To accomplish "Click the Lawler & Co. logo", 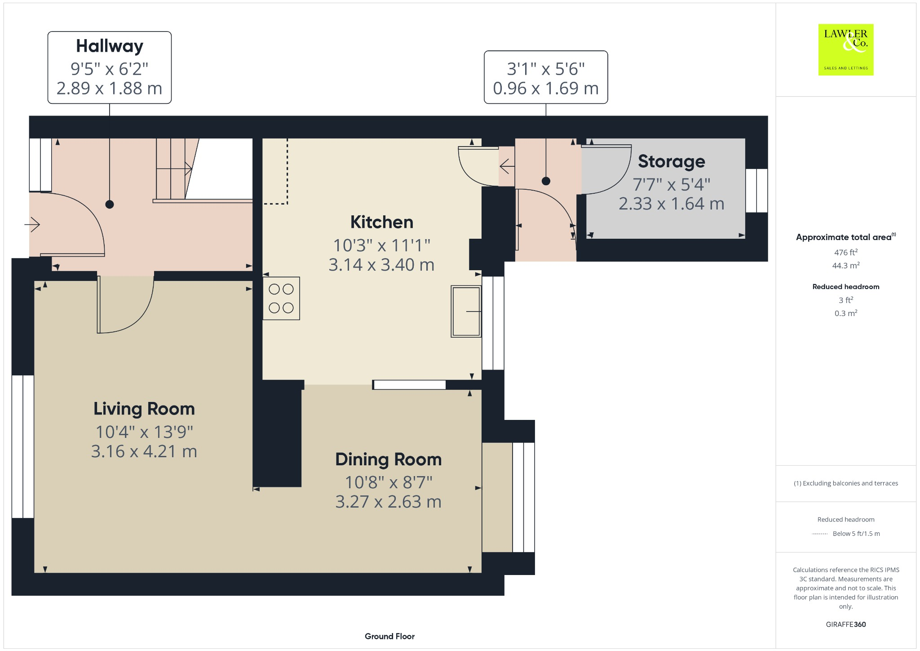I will (x=845, y=49).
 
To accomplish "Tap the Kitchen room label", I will (x=381, y=222).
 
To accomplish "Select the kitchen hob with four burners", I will (x=281, y=299).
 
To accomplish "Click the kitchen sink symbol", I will (x=466, y=311).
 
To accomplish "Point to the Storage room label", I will (x=671, y=161).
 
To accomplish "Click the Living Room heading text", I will (x=144, y=409).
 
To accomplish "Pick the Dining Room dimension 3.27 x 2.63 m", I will (x=388, y=502).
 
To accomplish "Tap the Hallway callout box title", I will (x=110, y=46).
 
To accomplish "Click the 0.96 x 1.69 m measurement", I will (x=545, y=89).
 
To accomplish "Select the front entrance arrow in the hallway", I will (x=33, y=224).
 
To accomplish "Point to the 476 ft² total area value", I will (x=845, y=252).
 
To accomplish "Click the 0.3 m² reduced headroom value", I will (x=845, y=313).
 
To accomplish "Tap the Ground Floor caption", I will (x=389, y=636).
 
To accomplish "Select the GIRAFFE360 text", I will (x=845, y=624).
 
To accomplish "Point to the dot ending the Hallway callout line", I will (x=110, y=205).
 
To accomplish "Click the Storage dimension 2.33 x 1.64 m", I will (x=671, y=204).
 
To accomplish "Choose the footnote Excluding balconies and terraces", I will (x=845, y=483).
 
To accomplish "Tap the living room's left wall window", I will (x=22, y=446).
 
